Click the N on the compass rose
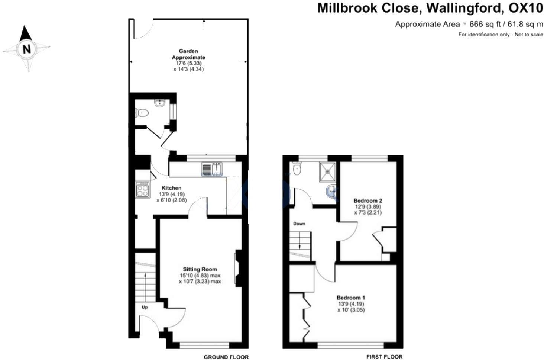point(27,49)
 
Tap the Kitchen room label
point(171,188)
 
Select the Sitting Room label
point(200,269)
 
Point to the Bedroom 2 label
point(368,201)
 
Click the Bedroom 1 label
point(351,298)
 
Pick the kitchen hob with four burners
point(142,190)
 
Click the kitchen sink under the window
point(212,169)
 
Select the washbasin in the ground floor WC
point(159,103)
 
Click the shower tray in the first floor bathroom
point(328,172)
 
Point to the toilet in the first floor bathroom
point(297,168)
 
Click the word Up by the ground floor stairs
point(145,308)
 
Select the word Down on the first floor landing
point(299,224)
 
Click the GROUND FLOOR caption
point(226,357)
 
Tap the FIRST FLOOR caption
point(385,357)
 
